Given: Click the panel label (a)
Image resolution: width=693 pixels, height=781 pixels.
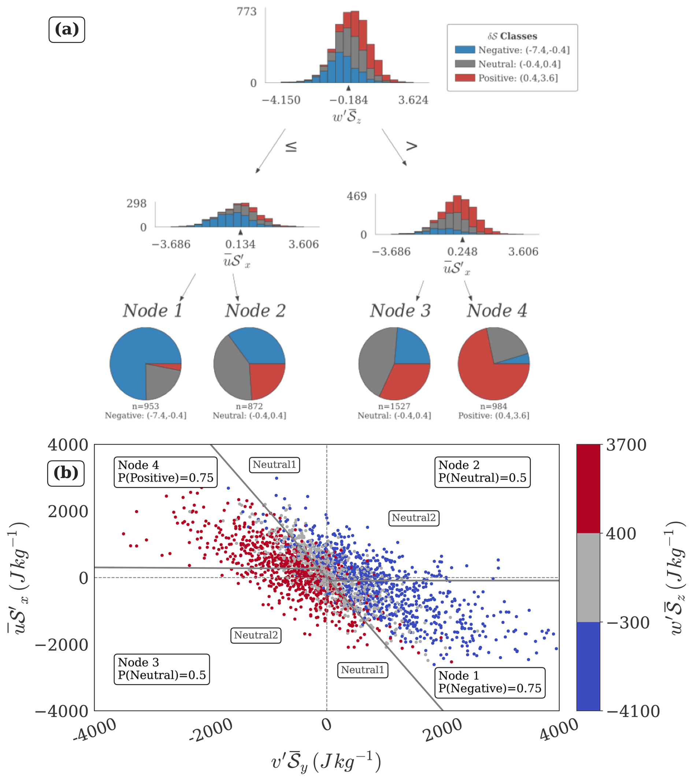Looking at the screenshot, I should (x=67, y=30).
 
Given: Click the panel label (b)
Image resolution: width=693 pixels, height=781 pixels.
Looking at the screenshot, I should (x=66, y=473).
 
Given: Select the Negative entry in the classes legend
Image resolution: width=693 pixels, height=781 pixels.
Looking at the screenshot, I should (x=512, y=50).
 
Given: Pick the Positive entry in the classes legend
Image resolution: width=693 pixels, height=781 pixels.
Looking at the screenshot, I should (x=506, y=78).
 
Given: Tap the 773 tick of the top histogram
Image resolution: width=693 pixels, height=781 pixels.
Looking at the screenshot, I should (x=247, y=11).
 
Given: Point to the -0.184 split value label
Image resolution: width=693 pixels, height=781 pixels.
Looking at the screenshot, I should (x=348, y=100).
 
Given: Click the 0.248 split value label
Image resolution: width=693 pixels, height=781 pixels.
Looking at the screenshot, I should (x=462, y=252).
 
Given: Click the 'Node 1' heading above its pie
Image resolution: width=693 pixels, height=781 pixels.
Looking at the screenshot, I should (x=152, y=310).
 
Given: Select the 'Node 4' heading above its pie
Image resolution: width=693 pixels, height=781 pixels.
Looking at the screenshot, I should (x=497, y=310).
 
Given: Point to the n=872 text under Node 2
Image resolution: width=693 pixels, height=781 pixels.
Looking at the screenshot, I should (x=249, y=406).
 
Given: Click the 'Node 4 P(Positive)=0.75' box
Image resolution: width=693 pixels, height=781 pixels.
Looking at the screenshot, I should (x=166, y=472).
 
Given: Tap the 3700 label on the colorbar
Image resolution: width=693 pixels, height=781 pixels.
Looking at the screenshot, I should (x=626, y=445).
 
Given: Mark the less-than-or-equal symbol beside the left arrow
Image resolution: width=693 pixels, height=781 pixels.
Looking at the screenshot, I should (x=291, y=146).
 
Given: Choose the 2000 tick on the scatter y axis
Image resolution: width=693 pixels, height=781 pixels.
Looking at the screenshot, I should (x=68, y=511).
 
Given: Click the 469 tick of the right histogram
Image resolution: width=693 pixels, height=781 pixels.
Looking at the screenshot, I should (x=356, y=196).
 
